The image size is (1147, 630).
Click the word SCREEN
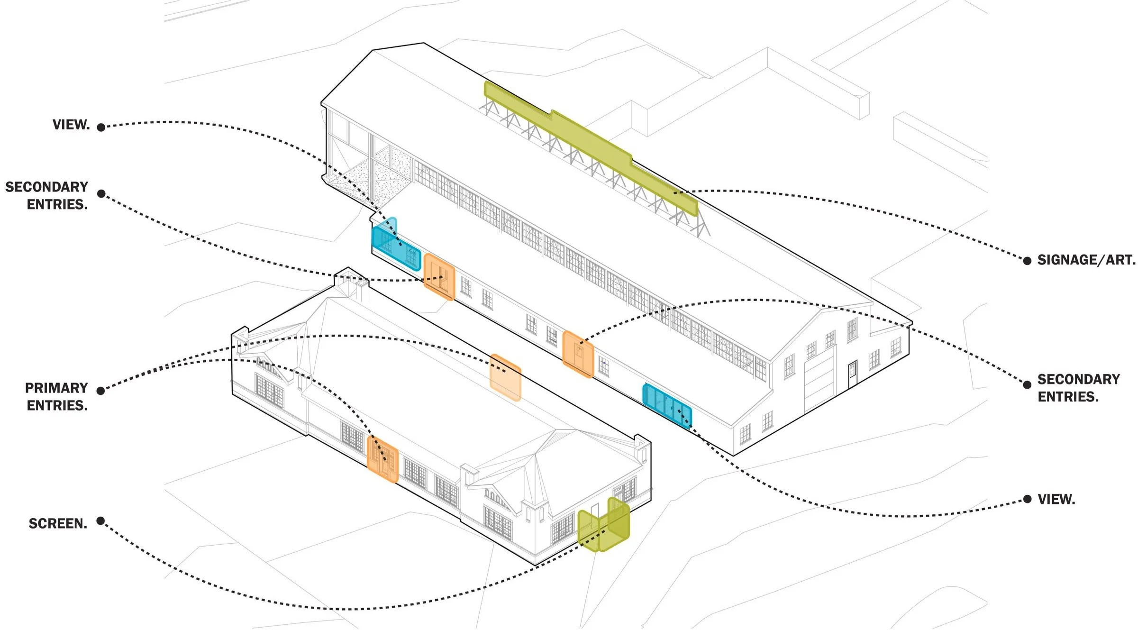(x=58, y=523)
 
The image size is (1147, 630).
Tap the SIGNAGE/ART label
(x=1086, y=260)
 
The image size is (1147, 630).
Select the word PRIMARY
(x=56, y=388)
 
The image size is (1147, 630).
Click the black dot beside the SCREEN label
(x=100, y=521)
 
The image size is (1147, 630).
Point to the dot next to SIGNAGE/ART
(x=1027, y=261)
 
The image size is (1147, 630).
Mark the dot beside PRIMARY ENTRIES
(x=100, y=391)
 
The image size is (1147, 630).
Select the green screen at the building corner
(x=604, y=525)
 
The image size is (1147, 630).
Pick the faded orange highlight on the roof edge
(x=505, y=377)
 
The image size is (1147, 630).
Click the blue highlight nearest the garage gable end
(x=667, y=405)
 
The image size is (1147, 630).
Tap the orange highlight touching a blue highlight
(x=439, y=277)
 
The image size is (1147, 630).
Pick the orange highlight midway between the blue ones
(x=578, y=354)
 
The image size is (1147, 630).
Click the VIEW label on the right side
(x=1056, y=499)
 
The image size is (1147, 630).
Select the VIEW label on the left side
(x=71, y=124)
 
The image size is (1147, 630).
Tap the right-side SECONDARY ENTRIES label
(x=1078, y=388)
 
